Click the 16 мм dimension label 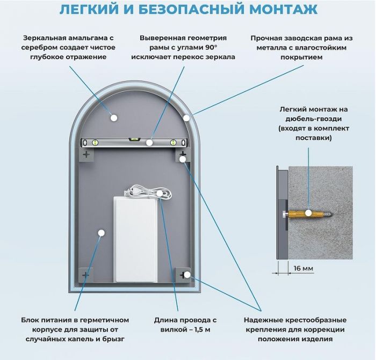pos(303,268)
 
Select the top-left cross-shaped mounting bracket pos(86,154)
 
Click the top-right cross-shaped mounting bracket pos(183,155)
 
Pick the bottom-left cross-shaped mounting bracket pos(86,275)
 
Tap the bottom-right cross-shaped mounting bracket pos(183,275)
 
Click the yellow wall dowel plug pos(312,213)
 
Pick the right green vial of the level pos(173,143)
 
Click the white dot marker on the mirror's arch pos(186,117)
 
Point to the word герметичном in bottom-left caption pos(106,319)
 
